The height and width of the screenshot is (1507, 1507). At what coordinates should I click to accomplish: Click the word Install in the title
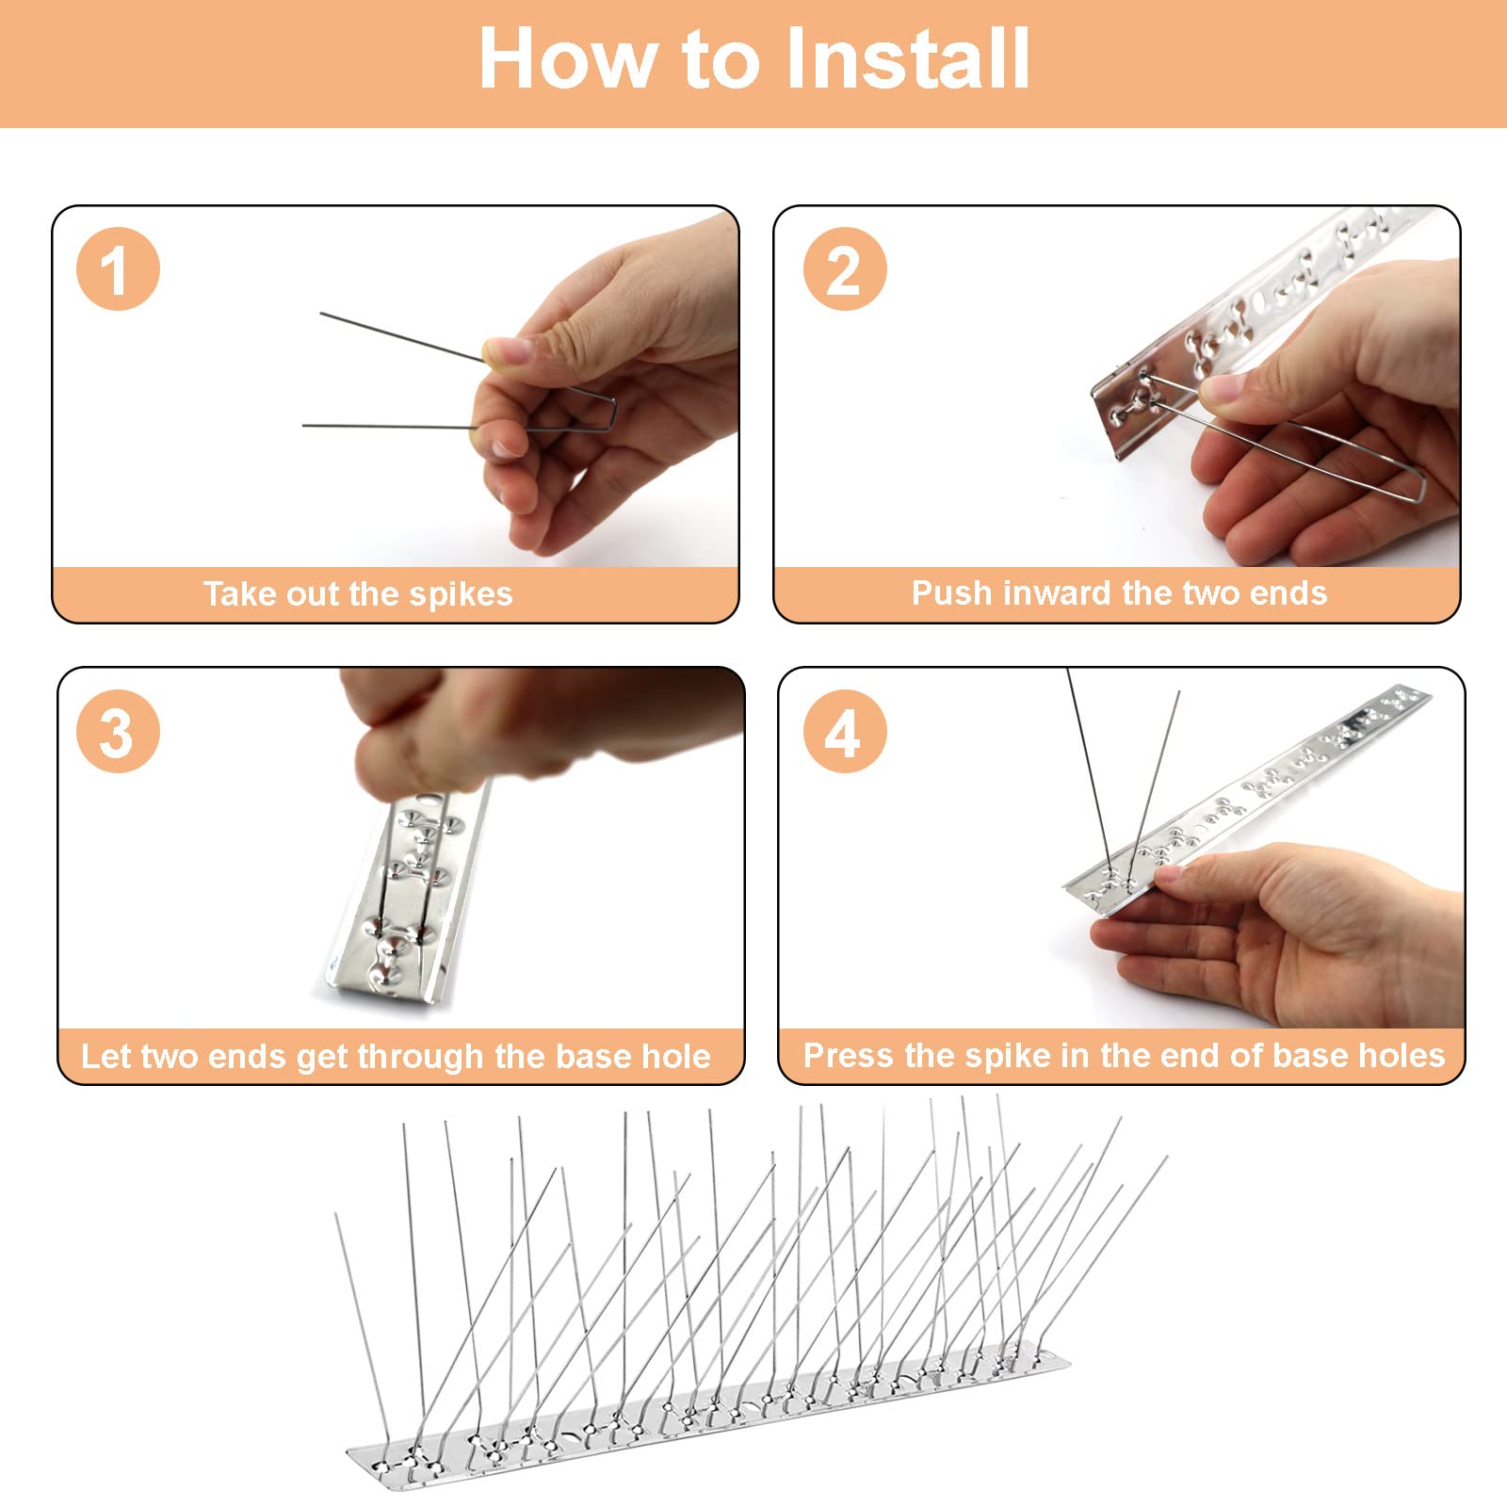click(x=906, y=58)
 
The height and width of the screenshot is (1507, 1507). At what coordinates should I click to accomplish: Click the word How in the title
click(x=571, y=58)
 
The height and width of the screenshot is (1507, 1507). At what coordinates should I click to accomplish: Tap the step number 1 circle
click(x=118, y=269)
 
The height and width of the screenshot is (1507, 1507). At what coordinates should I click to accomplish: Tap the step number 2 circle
click(x=845, y=269)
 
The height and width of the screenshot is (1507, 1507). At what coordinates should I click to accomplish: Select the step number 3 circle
click(x=118, y=732)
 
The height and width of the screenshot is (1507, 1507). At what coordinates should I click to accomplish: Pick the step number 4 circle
click(x=845, y=732)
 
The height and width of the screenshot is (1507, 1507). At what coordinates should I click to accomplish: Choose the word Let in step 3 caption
click(x=101, y=1057)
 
